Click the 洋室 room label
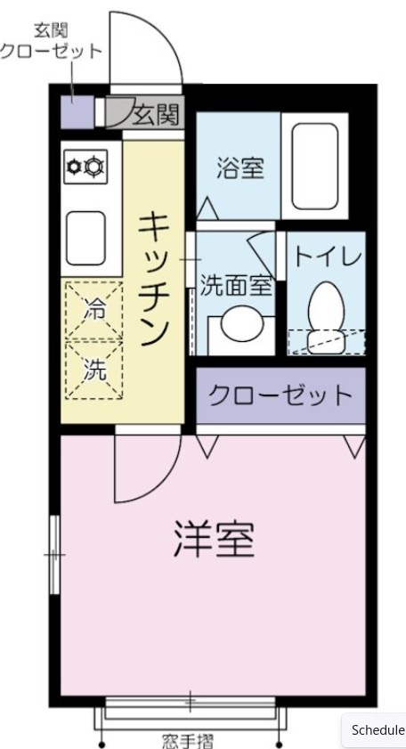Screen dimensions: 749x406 pos(214,538)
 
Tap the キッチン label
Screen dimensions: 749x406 pos(153,279)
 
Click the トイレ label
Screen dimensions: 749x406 pos(328,257)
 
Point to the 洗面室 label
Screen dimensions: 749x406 pos(235,286)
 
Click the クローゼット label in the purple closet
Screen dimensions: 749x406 pos(280,395)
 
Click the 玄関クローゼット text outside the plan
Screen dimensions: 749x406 pos(51,42)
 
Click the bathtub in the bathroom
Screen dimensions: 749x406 pos(315,166)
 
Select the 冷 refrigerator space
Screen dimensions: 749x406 pos(93,310)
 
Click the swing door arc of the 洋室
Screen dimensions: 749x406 pos(142,472)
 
